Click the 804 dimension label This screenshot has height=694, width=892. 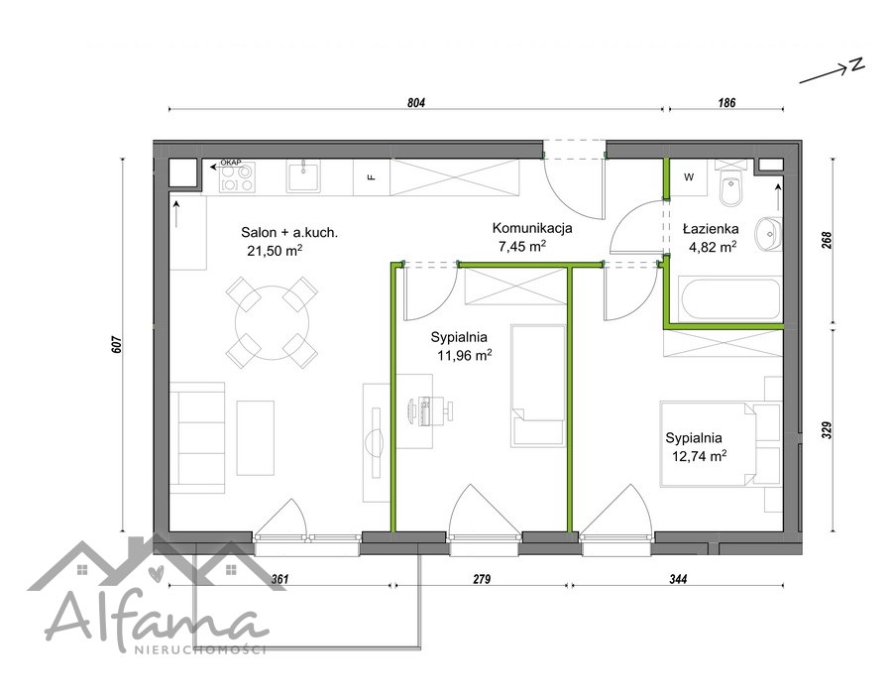(x=416, y=103)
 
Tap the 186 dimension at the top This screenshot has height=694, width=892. (x=726, y=103)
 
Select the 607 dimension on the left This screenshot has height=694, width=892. (x=116, y=345)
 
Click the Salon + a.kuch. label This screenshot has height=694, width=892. (x=289, y=232)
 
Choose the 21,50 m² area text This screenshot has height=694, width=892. (x=275, y=250)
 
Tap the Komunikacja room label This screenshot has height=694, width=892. (x=532, y=228)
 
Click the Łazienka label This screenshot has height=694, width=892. (x=711, y=229)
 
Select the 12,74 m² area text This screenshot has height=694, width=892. (x=699, y=456)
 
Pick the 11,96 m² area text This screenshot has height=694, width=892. (x=464, y=356)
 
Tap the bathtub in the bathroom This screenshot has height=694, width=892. (x=724, y=299)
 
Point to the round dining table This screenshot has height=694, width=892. (x=273, y=322)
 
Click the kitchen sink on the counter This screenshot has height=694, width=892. (x=304, y=176)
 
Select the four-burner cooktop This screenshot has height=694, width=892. (x=238, y=177)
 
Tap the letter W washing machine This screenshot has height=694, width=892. (x=689, y=177)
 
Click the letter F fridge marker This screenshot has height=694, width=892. (x=372, y=176)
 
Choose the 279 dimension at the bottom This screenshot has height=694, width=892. (x=482, y=579)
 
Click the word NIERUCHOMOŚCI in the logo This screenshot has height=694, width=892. (x=199, y=649)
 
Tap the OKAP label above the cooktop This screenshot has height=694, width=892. (x=231, y=163)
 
